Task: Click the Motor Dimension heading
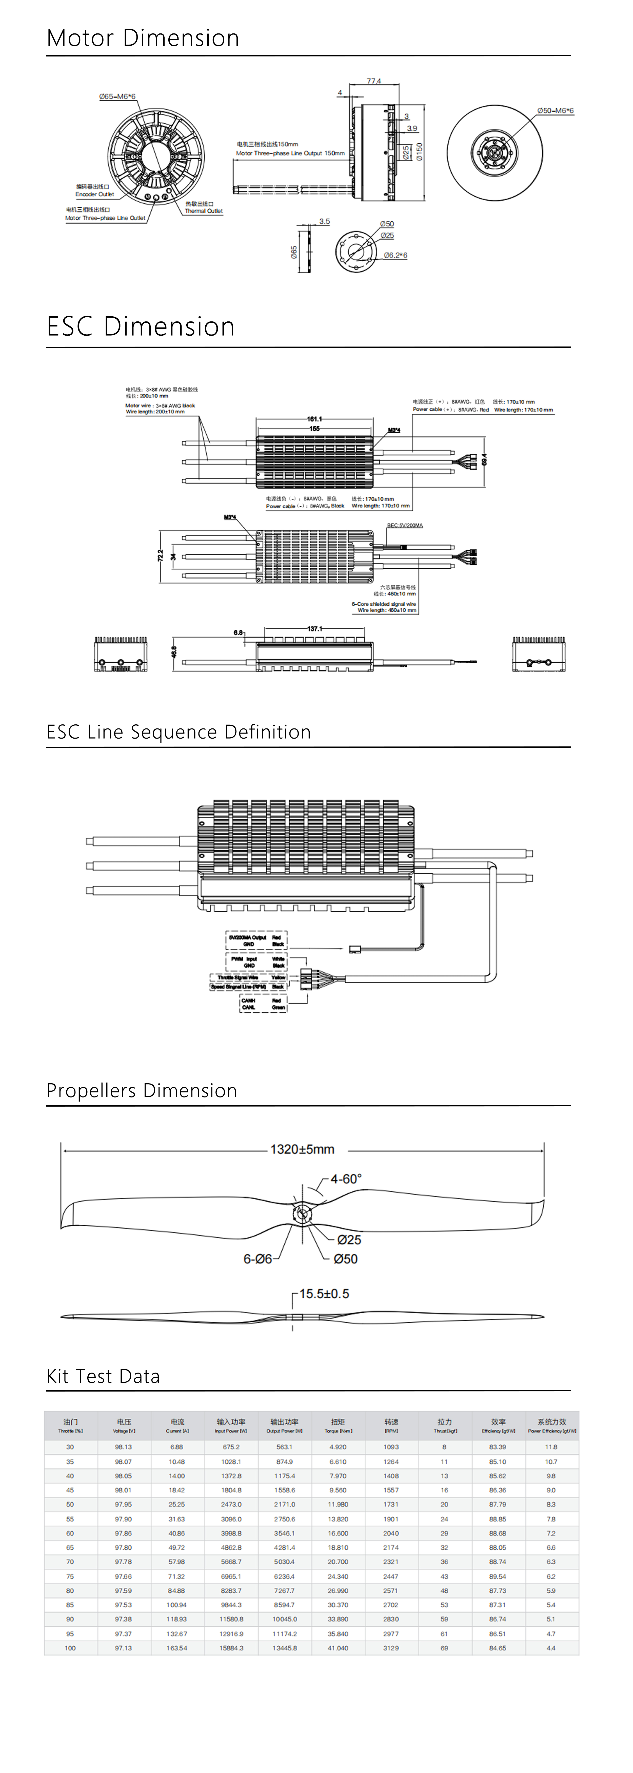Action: click(143, 38)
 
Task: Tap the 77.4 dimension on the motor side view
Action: click(374, 81)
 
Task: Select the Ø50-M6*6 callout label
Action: click(555, 111)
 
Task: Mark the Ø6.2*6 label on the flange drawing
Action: click(395, 255)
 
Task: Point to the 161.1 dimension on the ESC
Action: click(314, 418)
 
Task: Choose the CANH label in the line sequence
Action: click(248, 1001)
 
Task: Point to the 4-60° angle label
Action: click(345, 1179)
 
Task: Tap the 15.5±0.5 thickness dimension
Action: click(324, 1294)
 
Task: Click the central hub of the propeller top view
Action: click(302, 1214)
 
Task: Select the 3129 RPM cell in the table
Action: click(391, 1648)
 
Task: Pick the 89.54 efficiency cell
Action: click(498, 1576)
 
